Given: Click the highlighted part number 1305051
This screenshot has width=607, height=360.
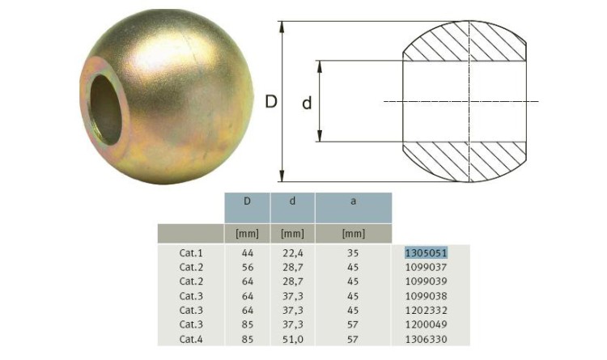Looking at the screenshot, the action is point(426,252).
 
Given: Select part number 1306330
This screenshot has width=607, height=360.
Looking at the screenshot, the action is point(426,339).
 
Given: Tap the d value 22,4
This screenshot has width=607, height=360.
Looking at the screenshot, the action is point(293,253).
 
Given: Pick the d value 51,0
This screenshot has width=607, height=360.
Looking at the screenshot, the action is point(293,340).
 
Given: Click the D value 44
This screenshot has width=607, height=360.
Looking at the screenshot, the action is point(248,252).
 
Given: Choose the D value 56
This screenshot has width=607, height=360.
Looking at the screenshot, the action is point(248,267).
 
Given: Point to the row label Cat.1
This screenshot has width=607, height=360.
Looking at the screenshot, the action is point(191,252).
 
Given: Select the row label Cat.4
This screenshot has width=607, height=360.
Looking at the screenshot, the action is point(191,339).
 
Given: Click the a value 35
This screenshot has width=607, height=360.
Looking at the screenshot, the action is point(353,252).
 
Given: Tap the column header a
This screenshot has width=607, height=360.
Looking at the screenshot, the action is point(353,201).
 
